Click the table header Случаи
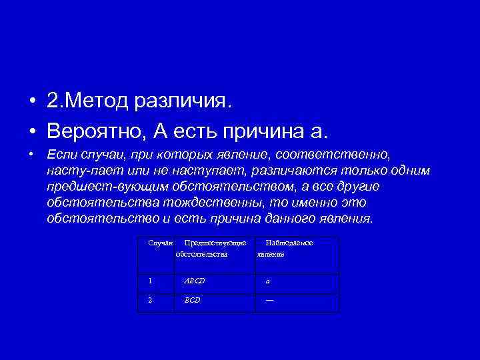click(x=160, y=243)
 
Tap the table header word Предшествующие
click(x=215, y=243)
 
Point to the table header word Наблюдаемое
click(x=289, y=243)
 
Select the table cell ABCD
click(x=195, y=281)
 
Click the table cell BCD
click(x=192, y=300)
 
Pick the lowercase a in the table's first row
click(x=267, y=281)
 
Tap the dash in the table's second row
click(x=269, y=299)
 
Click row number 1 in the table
click(x=149, y=281)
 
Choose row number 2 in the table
click(x=149, y=300)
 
